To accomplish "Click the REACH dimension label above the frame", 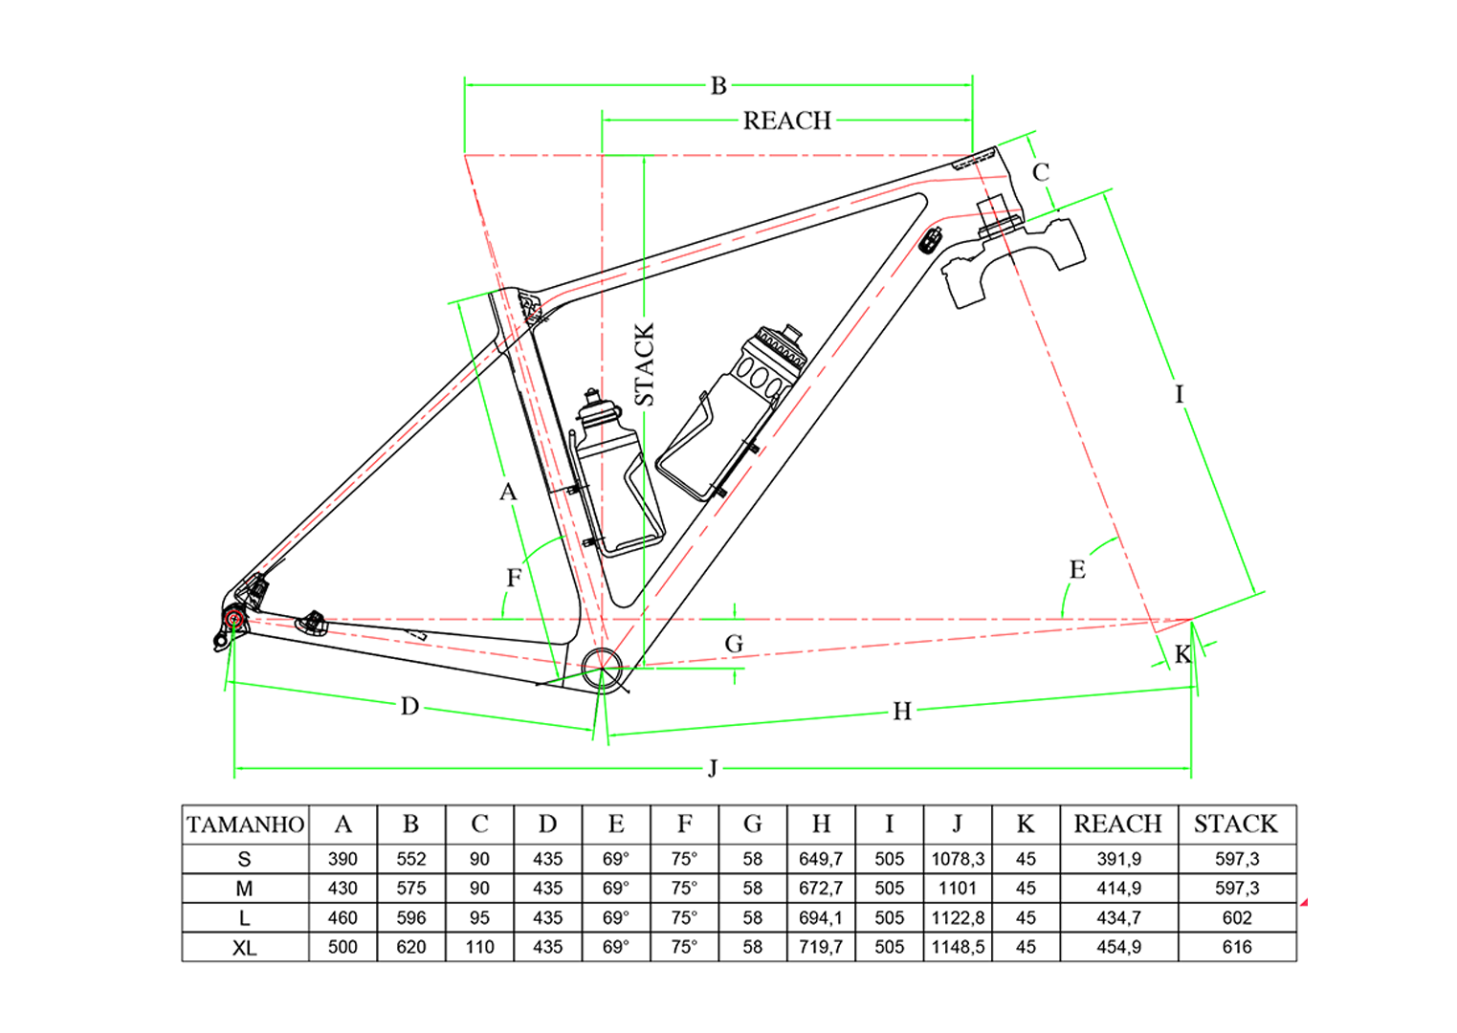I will click(x=787, y=121).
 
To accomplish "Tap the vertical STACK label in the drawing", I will click(x=645, y=364).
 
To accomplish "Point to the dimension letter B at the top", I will click(x=718, y=86).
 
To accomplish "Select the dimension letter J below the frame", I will click(x=713, y=768).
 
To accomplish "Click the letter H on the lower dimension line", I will click(x=901, y=712).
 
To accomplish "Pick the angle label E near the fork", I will click(x=1077, y=570).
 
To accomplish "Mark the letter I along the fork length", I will click(x=1179, y=394).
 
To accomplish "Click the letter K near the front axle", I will click(x=1182, y=654).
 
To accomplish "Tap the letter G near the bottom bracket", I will click(x=734, y=644).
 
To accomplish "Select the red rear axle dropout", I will click(x=233, y=620).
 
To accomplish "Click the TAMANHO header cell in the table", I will click(x=245, y=824).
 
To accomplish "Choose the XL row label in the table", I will click(x=245, y=948).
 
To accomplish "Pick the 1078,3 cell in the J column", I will click(x=958, y=859).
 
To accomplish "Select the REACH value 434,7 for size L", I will click(x=1118, y=918).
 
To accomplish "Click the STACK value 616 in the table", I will click(x=1236, y=948).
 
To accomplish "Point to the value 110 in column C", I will click(x=479, y=948).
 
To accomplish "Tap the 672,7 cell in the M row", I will click(x=821, y=889).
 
